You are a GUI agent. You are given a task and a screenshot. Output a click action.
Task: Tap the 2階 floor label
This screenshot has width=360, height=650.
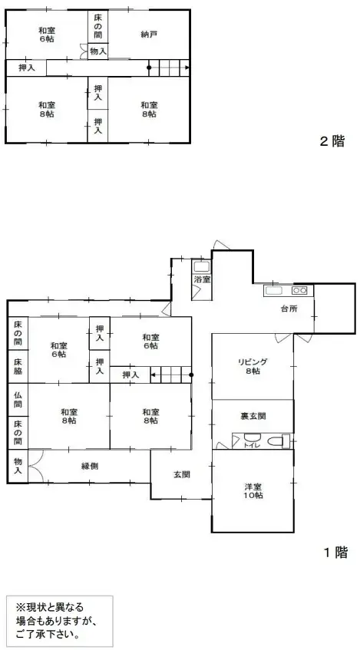click(332, 141)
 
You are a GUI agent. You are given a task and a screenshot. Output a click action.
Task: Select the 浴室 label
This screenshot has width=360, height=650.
click(202, 280)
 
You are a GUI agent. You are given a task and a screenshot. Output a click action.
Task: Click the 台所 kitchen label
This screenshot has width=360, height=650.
click(289, 309)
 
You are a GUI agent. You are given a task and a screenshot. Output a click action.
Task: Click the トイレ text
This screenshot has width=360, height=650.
click(249, 444)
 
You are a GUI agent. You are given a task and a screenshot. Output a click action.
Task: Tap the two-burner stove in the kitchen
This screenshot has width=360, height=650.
click(299, 291)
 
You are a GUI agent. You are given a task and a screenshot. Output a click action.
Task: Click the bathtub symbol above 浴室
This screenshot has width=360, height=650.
click(201, 267)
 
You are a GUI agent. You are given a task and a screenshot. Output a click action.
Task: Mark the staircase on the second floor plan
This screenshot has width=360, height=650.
click(168, 67)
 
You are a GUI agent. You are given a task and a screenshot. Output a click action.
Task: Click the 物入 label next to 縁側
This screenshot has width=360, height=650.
click(18, 466)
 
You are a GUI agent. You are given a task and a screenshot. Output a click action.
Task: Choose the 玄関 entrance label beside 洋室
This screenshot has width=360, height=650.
click(181, 474)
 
